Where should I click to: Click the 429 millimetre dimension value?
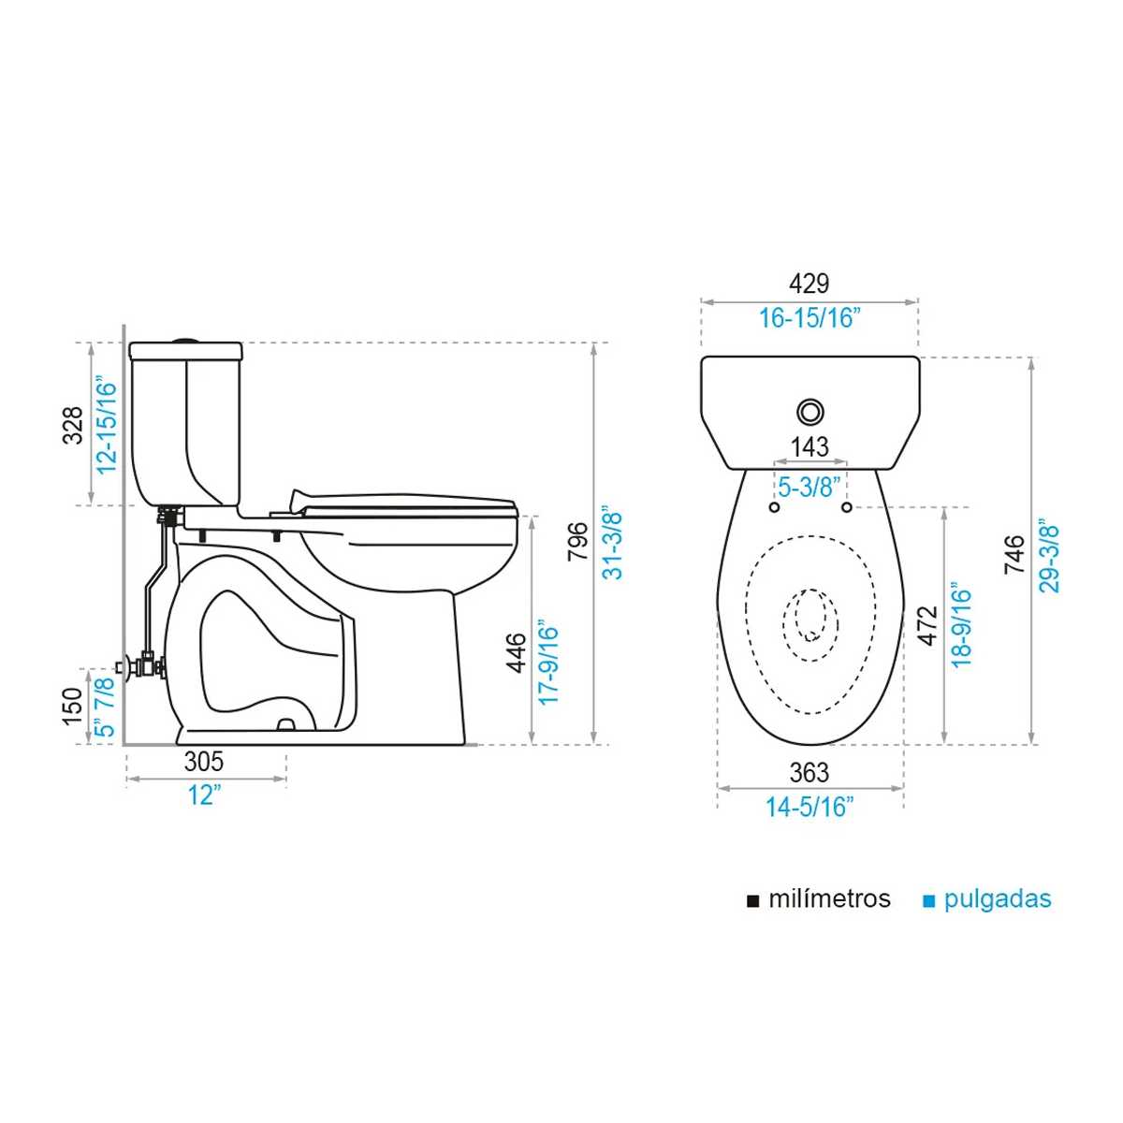(809, 284)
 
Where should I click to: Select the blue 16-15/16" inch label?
(809, 318)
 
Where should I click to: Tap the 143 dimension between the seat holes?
(809, 447)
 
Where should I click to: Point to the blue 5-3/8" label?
(809, 487)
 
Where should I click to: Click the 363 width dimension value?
(809, 773)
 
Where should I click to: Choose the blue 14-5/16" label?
(809, 807)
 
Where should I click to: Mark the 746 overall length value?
(1014, 554)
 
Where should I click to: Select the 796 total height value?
(578, 542)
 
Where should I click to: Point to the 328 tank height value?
(74, 426)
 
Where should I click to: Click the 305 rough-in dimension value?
(203, 762)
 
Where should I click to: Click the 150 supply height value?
(74, 707)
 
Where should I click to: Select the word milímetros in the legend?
(830, 899)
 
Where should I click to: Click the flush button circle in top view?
(810, 412)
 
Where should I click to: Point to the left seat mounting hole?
(775, 507)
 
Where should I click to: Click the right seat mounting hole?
(846, 507)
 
